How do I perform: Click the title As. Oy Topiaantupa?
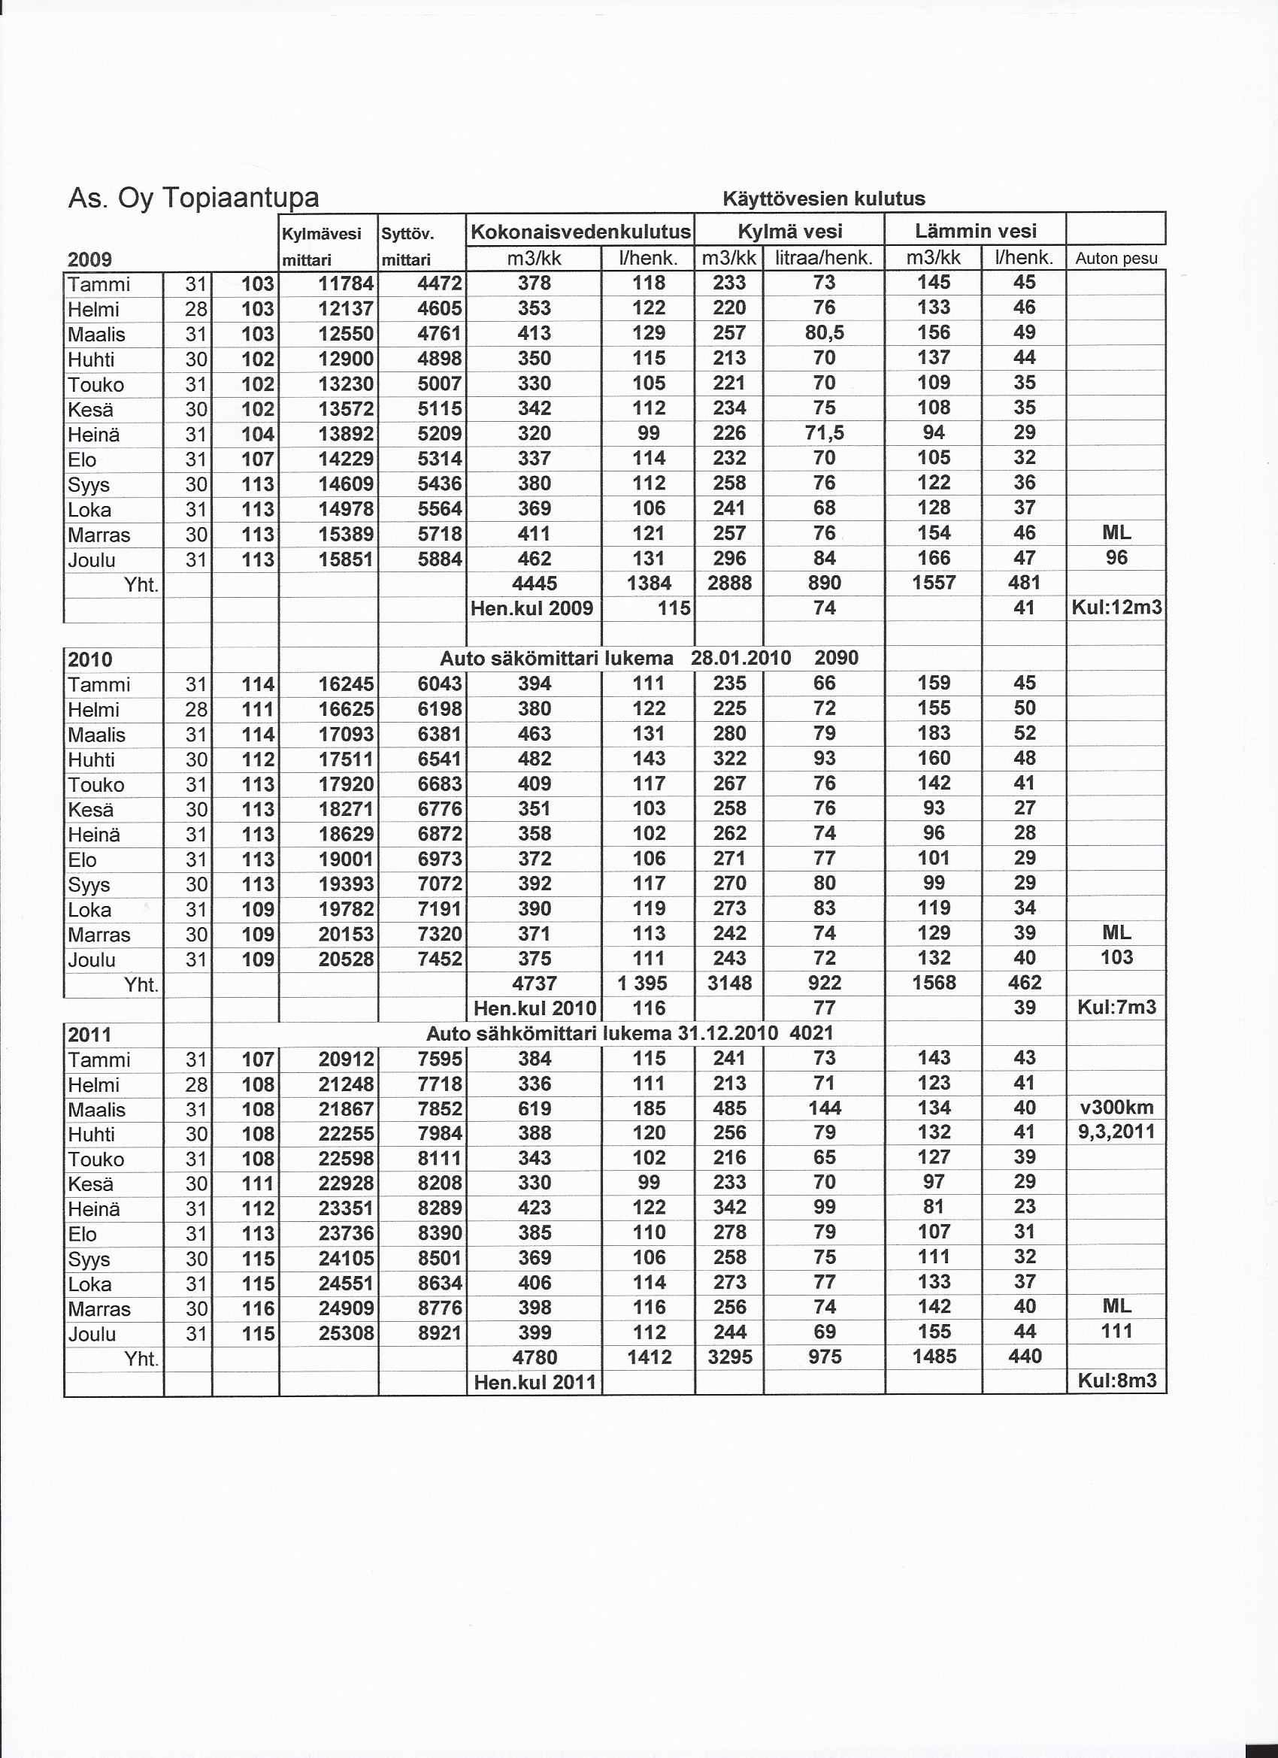tap(193, 199)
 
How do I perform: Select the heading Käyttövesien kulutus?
tap(823, 199)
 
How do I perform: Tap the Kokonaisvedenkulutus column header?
tap(580, 231)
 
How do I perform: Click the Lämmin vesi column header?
tap(975, 230)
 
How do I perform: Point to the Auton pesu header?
tap(1116, 259)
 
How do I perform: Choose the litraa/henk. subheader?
tap(824, 258)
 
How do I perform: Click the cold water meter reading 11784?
tap(346, 284)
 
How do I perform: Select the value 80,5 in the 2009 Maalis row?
tap(824, 333)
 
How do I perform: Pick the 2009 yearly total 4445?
tap(534, 583)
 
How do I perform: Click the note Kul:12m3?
tap(1116, 608)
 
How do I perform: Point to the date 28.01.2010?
tap(740, 658)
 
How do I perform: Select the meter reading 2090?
tap(836, 658)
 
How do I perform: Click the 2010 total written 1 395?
tap(648, 983)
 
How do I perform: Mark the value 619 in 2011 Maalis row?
tap(534, 1108)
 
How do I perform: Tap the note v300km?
tap(1116, 1108)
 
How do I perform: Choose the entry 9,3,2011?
tap(1116, 1132)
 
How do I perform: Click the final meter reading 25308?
tap(346, 1333)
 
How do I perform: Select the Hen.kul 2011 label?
tap(534, 1382)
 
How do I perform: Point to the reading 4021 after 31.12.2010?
tap(811, 1033)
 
